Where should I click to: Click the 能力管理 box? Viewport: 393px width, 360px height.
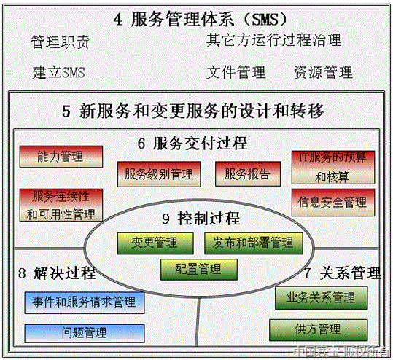point(61,156)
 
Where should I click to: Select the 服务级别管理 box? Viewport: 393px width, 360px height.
point(158,173)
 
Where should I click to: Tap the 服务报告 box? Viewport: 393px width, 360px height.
point(247,173)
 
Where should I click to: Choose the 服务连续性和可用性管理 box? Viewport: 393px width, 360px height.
point(61,205)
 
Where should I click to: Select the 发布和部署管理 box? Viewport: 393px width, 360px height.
point(253,243)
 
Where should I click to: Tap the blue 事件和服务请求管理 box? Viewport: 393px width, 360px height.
point(83,301)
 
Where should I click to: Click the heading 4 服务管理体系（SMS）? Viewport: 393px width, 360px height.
point(196,19)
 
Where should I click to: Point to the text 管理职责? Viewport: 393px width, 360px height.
point(61,42)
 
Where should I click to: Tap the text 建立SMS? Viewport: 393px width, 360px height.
point(58,73)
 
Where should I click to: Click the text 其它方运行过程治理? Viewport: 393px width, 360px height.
point(273,40)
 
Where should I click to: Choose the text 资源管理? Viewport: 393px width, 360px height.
point(323,72)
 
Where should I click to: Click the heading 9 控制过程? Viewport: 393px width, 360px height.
point(201,218)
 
